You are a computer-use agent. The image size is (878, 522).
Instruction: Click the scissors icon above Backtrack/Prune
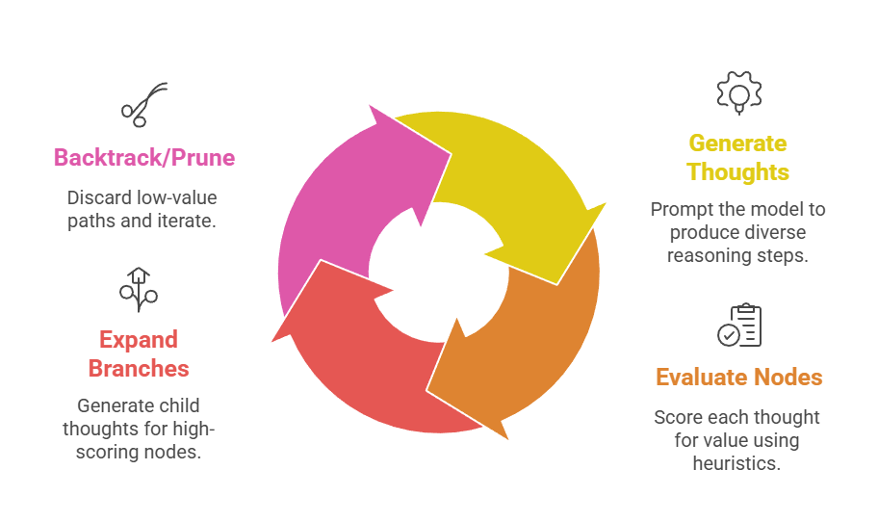coord(143,104)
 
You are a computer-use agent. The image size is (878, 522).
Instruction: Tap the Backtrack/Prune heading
coord(144,158)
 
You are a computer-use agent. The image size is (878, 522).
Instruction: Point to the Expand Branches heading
coord(139,353)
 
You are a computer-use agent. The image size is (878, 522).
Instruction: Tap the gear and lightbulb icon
coord(738,92)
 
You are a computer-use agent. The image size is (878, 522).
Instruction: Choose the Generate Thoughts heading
coord(738,158)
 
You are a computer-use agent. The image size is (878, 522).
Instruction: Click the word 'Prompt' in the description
coord(680,210)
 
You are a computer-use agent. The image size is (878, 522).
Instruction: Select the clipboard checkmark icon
coord(738,325)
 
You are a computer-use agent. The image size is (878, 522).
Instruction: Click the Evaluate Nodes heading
coord(738,377)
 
